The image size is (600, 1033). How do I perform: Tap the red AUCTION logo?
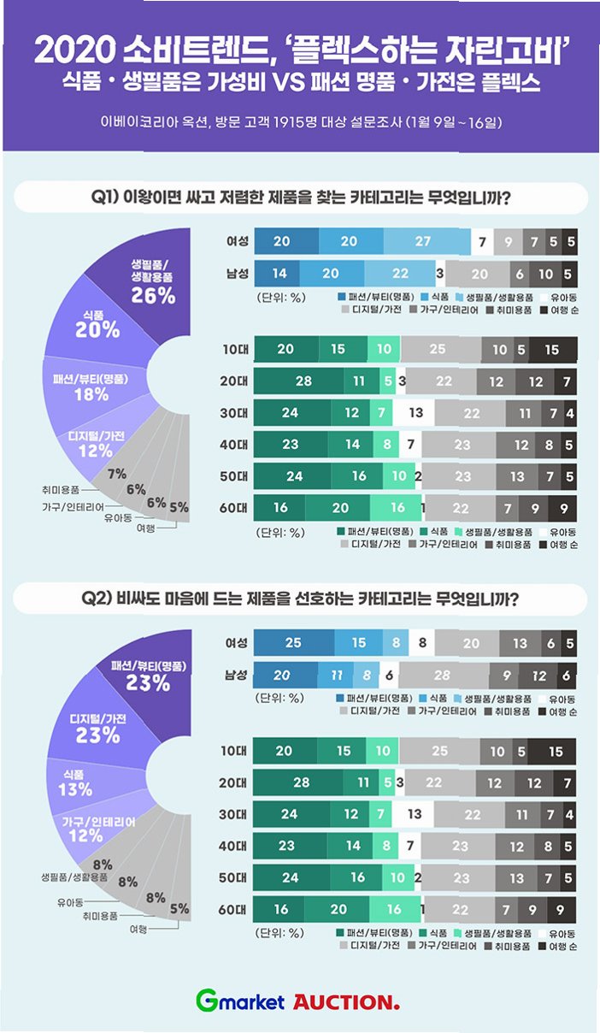point(346,1001)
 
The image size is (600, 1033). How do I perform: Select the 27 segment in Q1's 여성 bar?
point(422,242)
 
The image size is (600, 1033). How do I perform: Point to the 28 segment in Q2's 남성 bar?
point(442,675)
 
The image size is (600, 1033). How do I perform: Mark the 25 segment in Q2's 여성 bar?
point(294,642)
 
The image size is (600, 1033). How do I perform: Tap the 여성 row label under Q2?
point(237,642)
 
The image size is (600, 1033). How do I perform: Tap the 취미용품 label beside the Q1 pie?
point(61,490)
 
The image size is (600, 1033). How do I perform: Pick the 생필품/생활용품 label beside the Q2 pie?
point(74,877)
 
